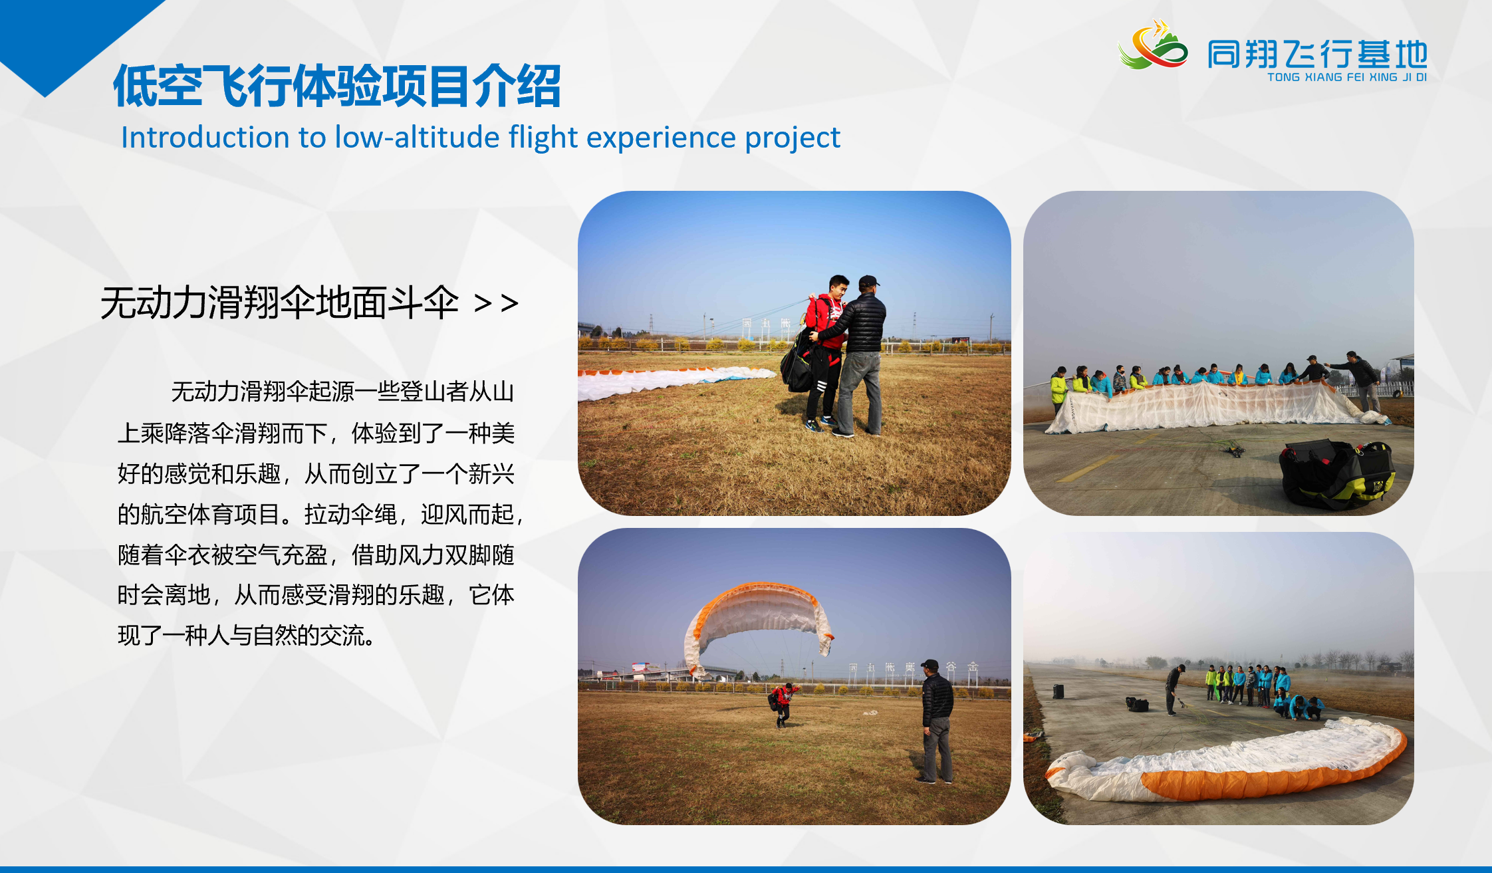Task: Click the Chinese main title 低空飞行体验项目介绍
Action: [337, 86]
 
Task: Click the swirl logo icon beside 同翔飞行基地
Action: [1153, 45]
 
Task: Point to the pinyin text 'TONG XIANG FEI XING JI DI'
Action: [1347, 77]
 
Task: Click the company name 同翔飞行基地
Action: [1317, 54]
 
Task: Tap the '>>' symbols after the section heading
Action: [496, 303]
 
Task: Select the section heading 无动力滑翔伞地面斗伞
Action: [279, 303]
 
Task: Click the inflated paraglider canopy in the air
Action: [758, 625]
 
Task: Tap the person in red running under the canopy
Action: [783, 704]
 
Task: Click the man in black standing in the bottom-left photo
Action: [937, 721]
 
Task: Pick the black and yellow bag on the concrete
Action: [1336, 474]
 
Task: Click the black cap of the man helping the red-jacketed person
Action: [868, 281]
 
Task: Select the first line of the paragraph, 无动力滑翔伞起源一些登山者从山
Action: [342, 392]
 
